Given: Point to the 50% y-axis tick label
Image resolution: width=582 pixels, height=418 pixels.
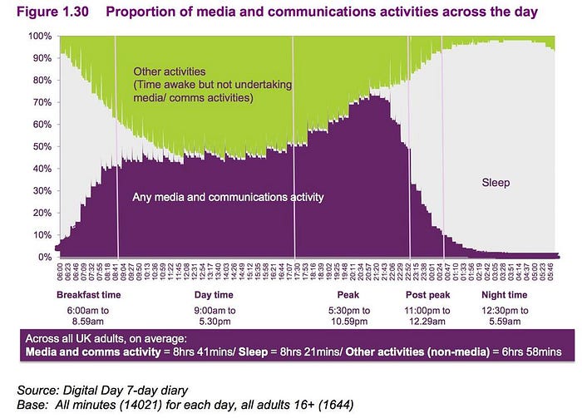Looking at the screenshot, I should pos(40,147).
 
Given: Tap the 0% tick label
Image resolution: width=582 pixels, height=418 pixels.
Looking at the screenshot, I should pos(42,257).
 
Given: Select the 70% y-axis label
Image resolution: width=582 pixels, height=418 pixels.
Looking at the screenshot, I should pos(40,103).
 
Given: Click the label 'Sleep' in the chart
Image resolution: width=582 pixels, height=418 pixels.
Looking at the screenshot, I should pos(497,181).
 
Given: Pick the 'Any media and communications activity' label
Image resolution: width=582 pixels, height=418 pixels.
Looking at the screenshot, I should pos(228,198).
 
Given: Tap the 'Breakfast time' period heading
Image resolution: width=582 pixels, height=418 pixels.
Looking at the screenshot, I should pos(89,296).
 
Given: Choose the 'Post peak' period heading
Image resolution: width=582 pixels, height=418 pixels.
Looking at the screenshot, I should pos(428,296).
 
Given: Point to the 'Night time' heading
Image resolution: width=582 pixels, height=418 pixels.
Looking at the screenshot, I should pos(505,296).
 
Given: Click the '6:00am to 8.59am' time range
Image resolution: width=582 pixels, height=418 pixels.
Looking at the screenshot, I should pos(89,317).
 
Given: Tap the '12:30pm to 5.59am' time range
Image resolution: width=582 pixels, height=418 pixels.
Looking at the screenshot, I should pos(505,317).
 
